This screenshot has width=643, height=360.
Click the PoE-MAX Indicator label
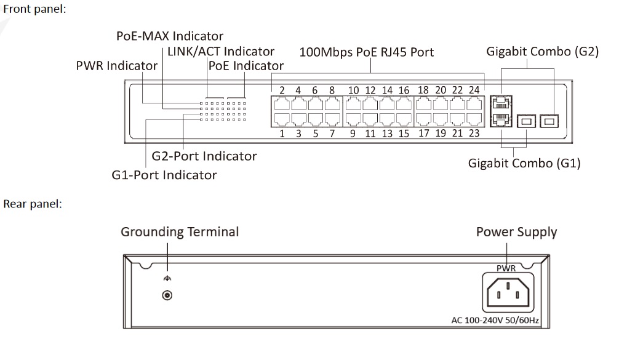click(x=169, y=36)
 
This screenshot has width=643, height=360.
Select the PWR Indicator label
click(x=116, y=66)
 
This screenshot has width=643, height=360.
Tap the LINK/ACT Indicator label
click(x=221, y=52)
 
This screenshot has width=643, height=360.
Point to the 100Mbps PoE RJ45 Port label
click(x=366, y=52)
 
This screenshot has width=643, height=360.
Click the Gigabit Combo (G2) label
click(x=542, y=52)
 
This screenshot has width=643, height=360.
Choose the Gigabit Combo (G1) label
click(x=524, y=164)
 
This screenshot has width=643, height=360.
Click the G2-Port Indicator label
click(x=204, y=156)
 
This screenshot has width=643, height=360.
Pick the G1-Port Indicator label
click(x=164, y=175)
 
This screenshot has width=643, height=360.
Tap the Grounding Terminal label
click(x=180, y=232)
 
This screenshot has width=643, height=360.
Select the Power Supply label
click(x=516, y=232)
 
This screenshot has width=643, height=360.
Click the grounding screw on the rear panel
click(x=166, y=296)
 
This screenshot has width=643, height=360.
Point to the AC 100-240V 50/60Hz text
click(x=495, y=321)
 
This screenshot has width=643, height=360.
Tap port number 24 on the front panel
click(x=473, y=90)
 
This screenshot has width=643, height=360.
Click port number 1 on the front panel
click(x=281, y=132)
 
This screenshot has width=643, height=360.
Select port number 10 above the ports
click(x=354, y=90)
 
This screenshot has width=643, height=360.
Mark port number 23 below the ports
click(x=473, y=132)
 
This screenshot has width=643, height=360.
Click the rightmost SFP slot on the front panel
click(x=549, y=121)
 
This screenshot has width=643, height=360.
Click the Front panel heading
click(x=35, y=10)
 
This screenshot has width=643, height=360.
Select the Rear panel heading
click(x=33, y=204)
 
